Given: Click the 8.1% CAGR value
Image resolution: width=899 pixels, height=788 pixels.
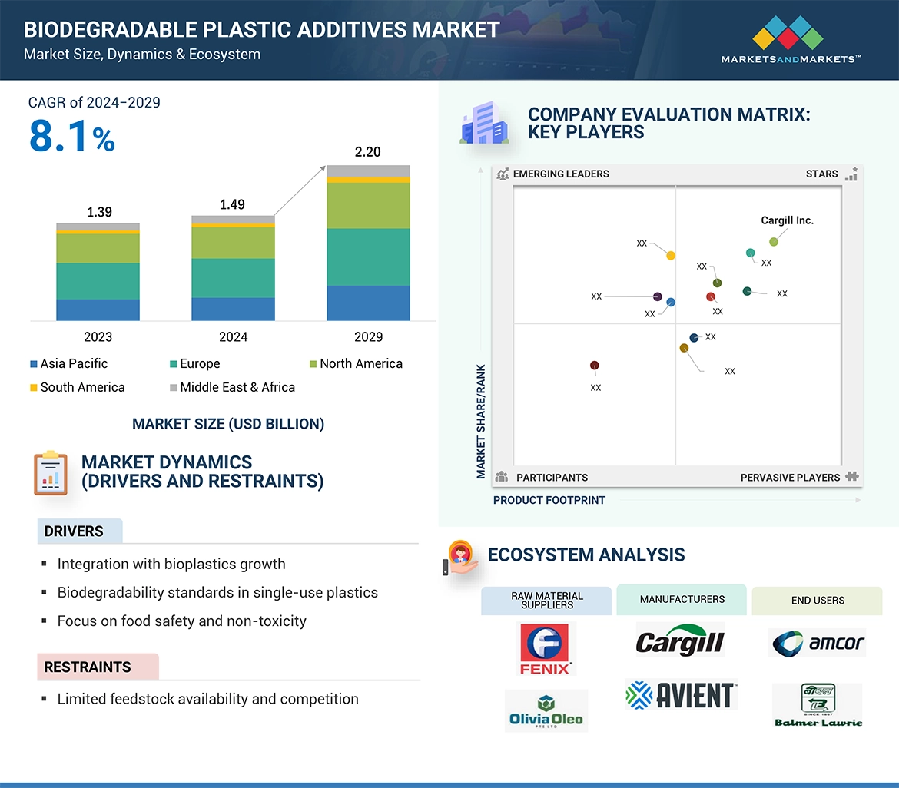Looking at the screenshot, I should [x=71, y=137].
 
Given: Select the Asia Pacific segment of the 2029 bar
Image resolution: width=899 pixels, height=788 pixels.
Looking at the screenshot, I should [x=368, y=303].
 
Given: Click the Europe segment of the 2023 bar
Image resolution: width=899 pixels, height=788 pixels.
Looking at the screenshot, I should [x=98, y=281].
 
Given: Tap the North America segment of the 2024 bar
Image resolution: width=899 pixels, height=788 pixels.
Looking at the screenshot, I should [x=233, y=243].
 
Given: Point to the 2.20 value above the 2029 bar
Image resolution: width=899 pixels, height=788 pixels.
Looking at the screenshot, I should [x=367, y=152].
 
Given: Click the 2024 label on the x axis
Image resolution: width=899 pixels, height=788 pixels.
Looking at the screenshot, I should [x=233, y=336].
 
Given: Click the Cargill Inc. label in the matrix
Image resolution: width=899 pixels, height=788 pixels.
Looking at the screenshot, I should [x=787, y=220].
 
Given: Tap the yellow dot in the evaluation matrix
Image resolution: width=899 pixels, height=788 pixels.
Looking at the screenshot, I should [x=671, y=255].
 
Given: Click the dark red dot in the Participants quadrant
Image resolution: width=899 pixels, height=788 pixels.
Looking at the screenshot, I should [x=594, y=366].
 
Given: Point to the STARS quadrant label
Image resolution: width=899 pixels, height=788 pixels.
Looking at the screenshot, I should [x=821, y=174].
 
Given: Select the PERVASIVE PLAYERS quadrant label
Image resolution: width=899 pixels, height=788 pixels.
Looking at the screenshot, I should [x=790, y=477].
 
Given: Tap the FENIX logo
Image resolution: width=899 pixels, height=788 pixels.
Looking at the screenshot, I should [x=546, y=648].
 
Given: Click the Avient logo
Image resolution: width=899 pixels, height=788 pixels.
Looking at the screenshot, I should [x=682, y=694].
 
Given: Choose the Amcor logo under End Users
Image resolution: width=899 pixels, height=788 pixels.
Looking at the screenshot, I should [x=817, y=643].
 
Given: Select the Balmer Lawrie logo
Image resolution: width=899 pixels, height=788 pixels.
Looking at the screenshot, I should [x=817, y=704].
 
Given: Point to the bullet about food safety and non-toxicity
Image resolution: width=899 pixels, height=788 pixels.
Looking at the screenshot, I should [x=181, y=621].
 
